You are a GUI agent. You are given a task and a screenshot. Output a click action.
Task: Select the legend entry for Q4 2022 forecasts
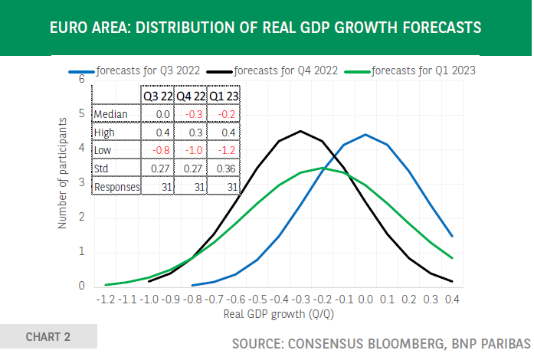pyautogui.click(x=283, y=70)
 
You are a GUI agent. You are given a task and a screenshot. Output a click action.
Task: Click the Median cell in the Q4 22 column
pyautogui.click(x=190, y=114)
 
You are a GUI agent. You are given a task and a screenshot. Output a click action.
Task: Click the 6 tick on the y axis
pyautogui.click(x=82, y=79)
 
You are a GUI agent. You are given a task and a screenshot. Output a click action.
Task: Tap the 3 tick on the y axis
pyautogui.click(x=82, y=182)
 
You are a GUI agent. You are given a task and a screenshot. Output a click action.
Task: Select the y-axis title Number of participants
pyautogui.click(x=64, y=175)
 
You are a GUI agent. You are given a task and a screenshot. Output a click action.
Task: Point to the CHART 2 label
pyautogui.click(x=48, y=336)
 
